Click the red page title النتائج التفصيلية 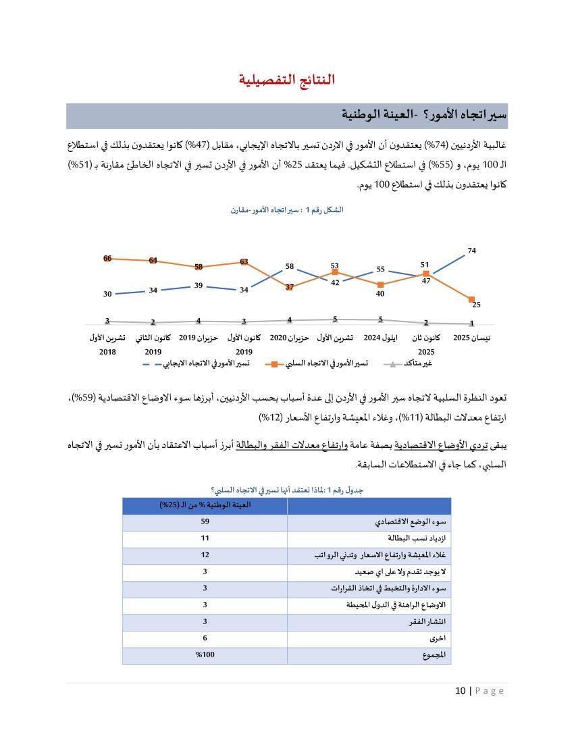[x=286, y=80]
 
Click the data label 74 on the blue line [x=471, y=251]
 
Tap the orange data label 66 [x=107, y=258]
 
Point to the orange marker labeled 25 [x=471, y=299]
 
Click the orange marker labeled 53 [x=335, y=272]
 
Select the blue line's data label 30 [x=107, y=294]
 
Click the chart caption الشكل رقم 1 [x=286, y=210]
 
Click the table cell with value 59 [x=205, y=522]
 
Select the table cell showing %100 [x=205, y=655]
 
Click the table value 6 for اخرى [x=205, y=638]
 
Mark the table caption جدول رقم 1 [x=286, y=490]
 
